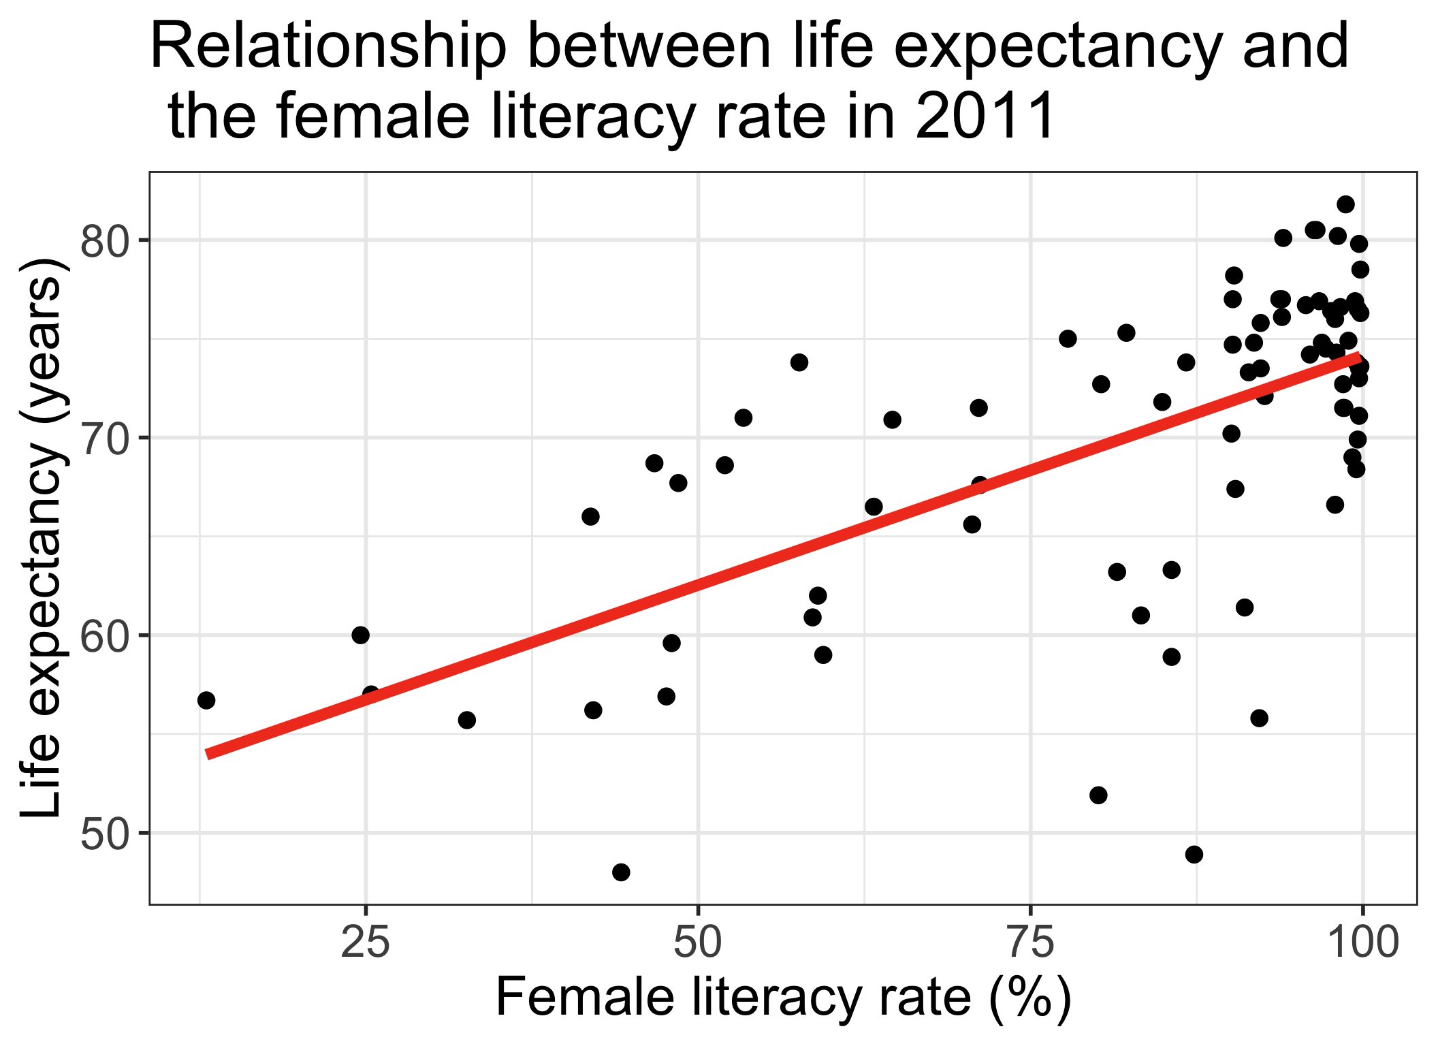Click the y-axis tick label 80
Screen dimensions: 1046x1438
point(104,241)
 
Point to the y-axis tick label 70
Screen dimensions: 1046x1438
point(104,439)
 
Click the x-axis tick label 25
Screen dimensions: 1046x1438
point(366,945)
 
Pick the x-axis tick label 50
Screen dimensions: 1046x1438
point(698,945)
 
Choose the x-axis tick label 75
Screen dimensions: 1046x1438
point(1030,945)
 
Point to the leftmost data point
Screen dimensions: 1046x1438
point(206,700)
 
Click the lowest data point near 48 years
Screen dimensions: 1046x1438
point(621,872)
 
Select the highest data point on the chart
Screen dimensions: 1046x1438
point(1345,204)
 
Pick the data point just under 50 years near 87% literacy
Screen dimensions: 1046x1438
point(1194,854)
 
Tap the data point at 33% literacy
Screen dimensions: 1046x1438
point(466,720)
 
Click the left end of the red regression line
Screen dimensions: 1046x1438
point(210,754)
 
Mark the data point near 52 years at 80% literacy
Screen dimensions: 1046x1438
point(1098,795)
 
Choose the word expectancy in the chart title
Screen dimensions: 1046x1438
point(1060,48)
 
